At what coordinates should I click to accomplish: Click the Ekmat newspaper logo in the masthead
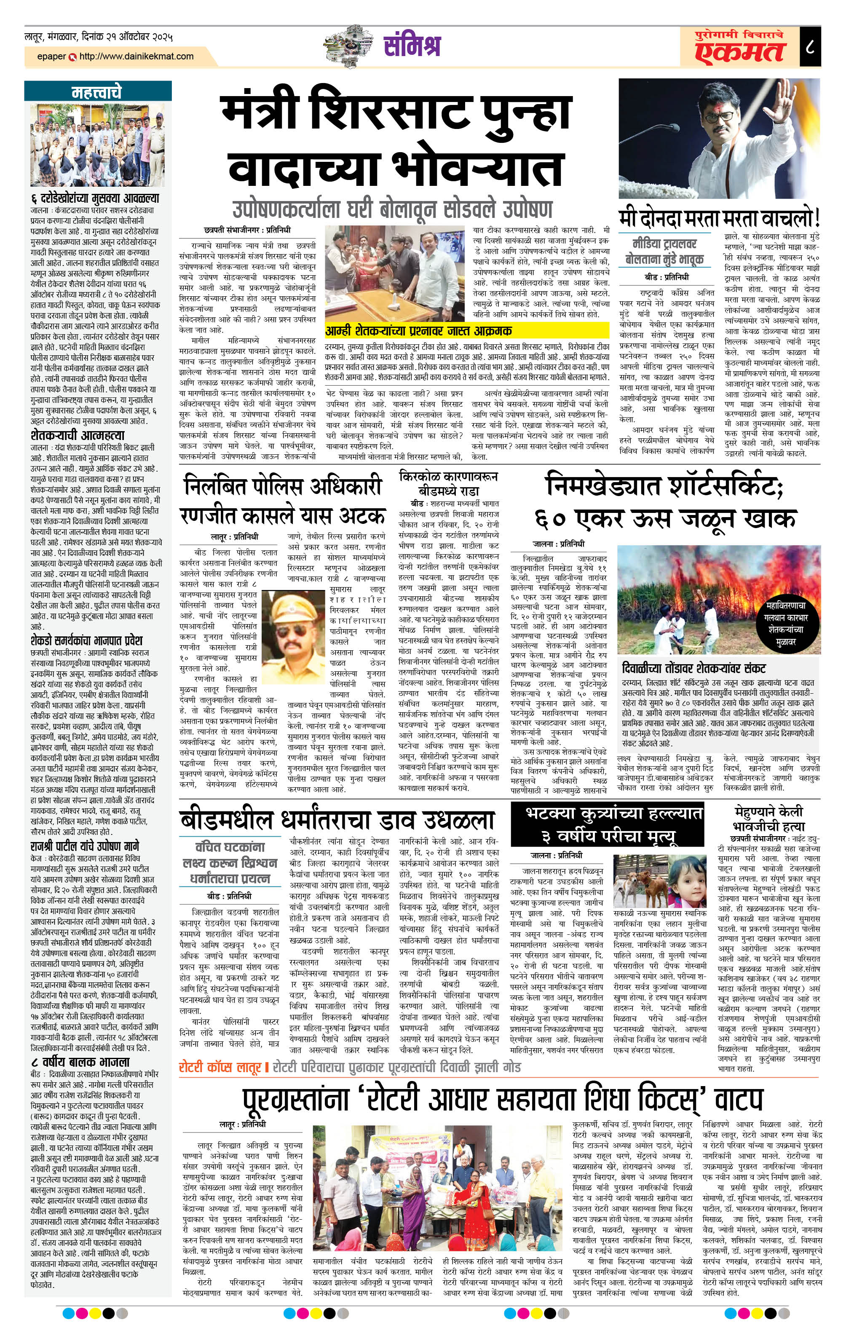click(x=739, y=50)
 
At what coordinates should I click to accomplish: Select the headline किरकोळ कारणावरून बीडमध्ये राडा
click(x=448, y=483)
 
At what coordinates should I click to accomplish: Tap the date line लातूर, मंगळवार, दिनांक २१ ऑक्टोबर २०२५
click(x=98, y=38)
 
